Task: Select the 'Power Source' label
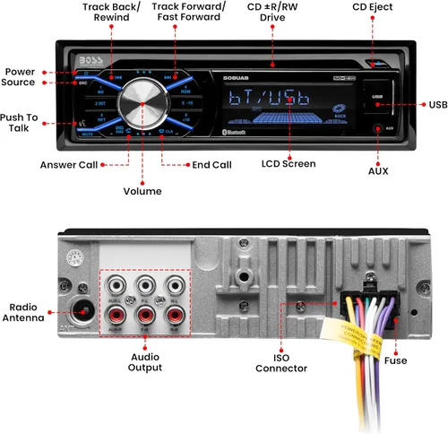tap(20, 77)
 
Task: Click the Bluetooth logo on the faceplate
tap(234, 133)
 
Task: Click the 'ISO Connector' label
tap(280, 362)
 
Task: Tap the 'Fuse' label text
tap(394, 360)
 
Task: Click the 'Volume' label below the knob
tap(142, 191)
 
